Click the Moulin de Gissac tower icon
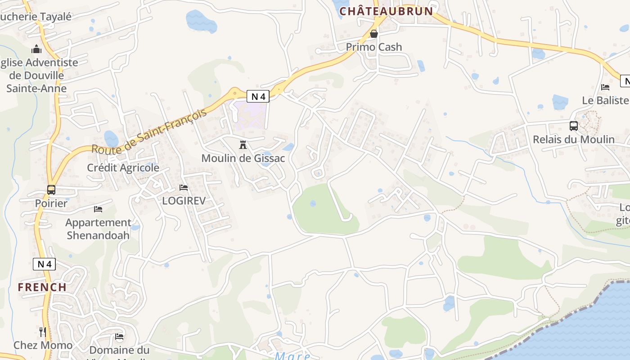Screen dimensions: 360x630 point(243,145)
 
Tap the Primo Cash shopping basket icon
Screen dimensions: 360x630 point(373,34)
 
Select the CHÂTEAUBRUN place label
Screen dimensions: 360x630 point(386,11)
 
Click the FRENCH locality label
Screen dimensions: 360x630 point(42,287)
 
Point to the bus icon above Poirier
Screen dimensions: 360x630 point(51,190)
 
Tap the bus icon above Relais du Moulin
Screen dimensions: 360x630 point(573,126)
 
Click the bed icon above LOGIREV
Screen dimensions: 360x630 point(184,187)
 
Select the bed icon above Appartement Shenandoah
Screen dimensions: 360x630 point(98,209)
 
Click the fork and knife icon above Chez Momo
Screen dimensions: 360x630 point(43,332)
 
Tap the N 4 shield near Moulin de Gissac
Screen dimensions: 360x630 point(258,96)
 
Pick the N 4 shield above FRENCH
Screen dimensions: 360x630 point(44,264)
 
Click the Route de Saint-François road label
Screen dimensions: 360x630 point(149,130)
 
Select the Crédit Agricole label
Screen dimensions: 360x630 point(123,167)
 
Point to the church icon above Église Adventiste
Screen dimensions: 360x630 point(37,49)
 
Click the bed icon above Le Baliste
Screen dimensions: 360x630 point(605,87)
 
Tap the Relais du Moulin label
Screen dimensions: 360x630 point(573,139)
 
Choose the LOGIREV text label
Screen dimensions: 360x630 point(184,201)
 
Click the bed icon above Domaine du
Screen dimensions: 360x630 point(119,337)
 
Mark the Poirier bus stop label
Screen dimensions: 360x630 point(51,203)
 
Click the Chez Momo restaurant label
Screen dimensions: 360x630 point(43,346)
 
